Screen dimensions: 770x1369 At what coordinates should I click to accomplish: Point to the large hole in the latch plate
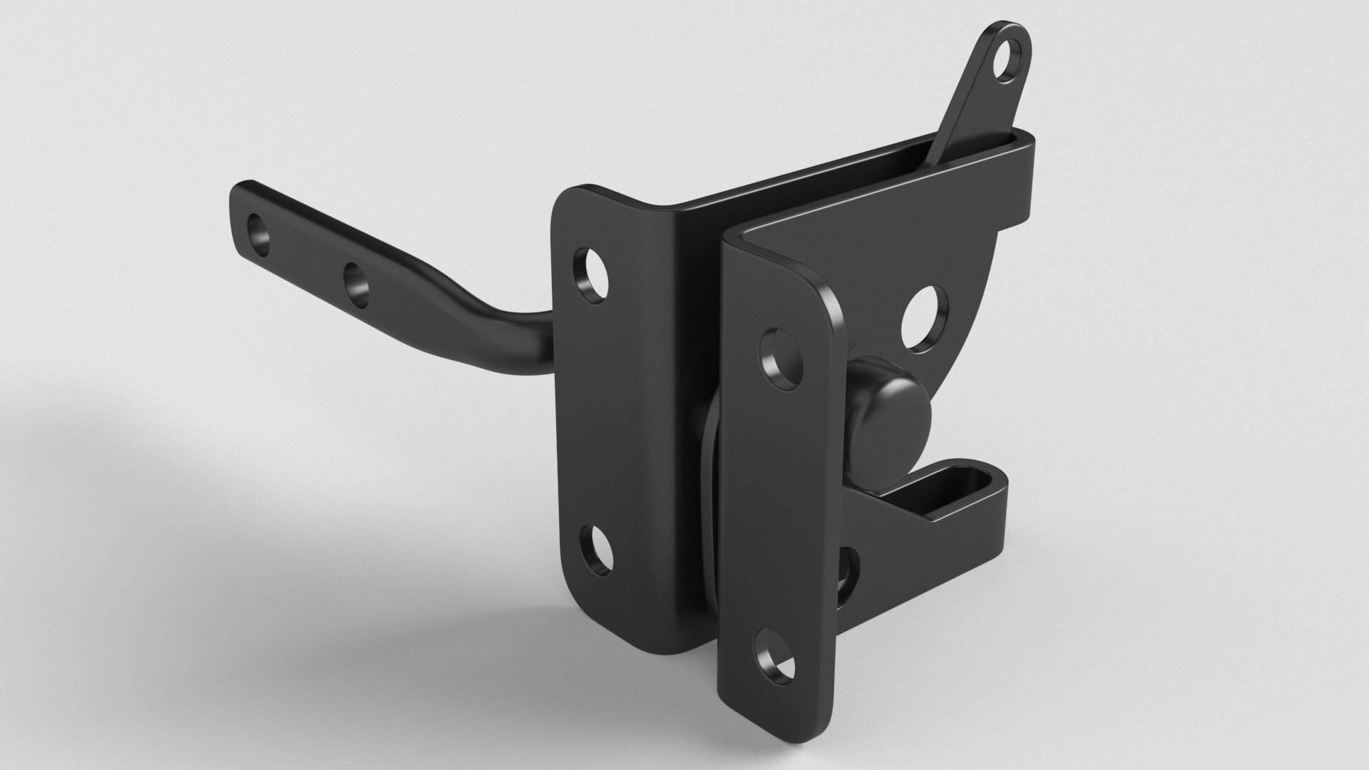pyautogui.click(x=926, y=319)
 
